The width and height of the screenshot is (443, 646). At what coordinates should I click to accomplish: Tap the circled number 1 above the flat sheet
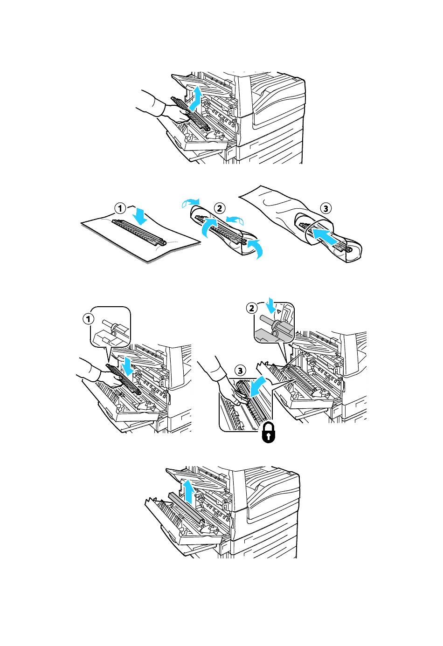[120, 208]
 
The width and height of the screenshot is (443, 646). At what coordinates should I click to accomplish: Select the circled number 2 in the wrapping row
[220, 208]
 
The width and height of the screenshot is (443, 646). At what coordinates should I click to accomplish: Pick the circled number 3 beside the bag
[326, 208]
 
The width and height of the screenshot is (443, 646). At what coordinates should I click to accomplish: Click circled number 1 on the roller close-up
[88, 319]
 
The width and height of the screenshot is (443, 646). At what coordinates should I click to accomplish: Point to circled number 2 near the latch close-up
[252, 308]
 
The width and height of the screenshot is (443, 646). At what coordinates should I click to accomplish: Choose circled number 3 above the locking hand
[240, 371]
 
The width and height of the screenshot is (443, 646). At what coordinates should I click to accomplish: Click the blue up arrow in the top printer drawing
[195, 99]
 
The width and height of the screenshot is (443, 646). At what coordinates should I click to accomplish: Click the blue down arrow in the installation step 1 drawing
[127, 366]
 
